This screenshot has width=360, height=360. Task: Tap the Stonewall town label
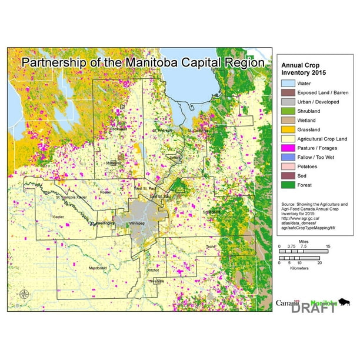[x=114, y=163]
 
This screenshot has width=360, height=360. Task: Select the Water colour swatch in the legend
[x=287, y=84]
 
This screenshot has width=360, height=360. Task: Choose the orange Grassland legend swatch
[x=287, y=129]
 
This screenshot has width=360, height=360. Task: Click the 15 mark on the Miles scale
[x=328, y=247]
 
